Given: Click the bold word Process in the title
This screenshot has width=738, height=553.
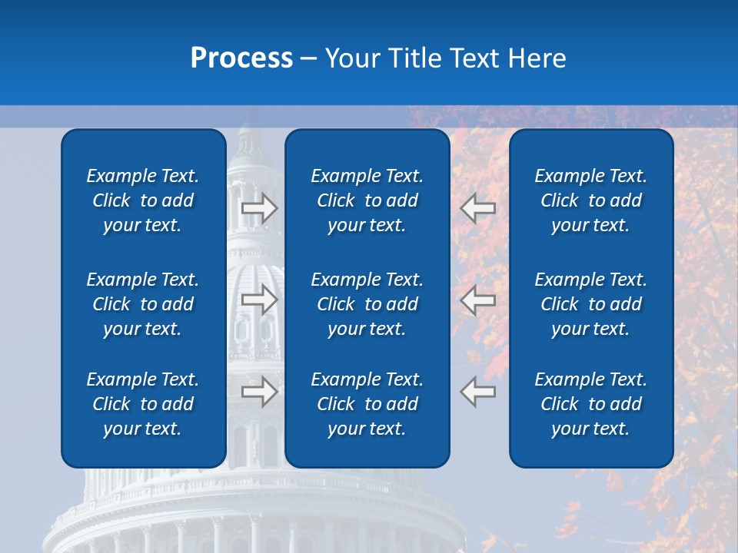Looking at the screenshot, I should click(x=241, y=58).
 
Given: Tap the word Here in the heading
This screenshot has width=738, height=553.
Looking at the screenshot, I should click(x=537, y=58).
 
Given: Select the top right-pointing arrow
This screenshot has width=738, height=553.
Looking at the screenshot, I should click(x=259, y=207).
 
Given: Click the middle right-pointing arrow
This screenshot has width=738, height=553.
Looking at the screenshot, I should click(x=259, y=300).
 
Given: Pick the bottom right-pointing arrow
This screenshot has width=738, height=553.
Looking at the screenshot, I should click(x=259, y=392).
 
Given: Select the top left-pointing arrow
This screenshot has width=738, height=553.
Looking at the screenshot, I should click(x=478, y=207).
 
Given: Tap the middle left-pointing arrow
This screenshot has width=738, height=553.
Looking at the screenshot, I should click(x=478, y=300).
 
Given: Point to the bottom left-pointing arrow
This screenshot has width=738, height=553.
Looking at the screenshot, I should click(x=478, y=392).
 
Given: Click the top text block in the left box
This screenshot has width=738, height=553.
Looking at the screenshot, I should click(x=143, y=200).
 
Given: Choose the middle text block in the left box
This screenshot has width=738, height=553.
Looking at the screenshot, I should click(x=143, y=304).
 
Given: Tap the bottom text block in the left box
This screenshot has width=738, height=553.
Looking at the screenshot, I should click(x=143, y=404).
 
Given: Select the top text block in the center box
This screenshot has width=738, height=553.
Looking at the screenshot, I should click(x=367, y=200).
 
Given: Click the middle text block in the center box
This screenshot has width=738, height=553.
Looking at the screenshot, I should click(x=367, y=304).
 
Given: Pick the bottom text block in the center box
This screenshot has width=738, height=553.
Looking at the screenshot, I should click(x=367, y=404).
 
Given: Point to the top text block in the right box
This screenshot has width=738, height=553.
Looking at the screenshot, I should click(x=590, y=200).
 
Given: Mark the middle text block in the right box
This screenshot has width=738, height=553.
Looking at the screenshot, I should click(x=590, y=304).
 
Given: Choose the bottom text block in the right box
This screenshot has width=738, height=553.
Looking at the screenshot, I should click(x=590, y=404).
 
